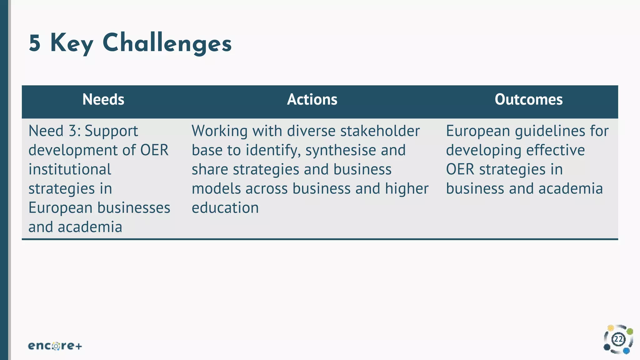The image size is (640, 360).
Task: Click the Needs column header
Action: click(x=103, y=100)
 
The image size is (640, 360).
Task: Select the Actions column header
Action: click(x=312, y=100)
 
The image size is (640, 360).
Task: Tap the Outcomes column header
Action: click(x=528, y=100)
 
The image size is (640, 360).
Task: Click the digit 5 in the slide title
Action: click(x=35, y=43)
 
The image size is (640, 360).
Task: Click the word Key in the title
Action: click(x=72, y=44)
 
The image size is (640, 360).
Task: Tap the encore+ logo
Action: click(x=55, y=346)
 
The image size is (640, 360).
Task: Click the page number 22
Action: click(x=618, y=339)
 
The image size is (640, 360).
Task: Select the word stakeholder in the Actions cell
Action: click(x=380, y=131)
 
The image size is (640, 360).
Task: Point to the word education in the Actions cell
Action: click(x=225, y=208)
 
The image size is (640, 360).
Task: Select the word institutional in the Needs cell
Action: click(x=70, y=170)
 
